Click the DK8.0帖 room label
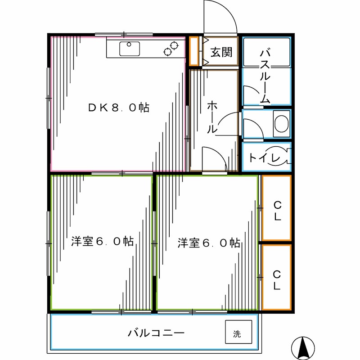tap(118, 108)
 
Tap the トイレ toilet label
tap(265, 158)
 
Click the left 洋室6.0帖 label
tap(102, 242)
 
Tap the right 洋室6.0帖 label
tap(208, 243)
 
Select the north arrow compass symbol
tap(303, 346)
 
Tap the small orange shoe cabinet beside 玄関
tap(194, 50)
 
